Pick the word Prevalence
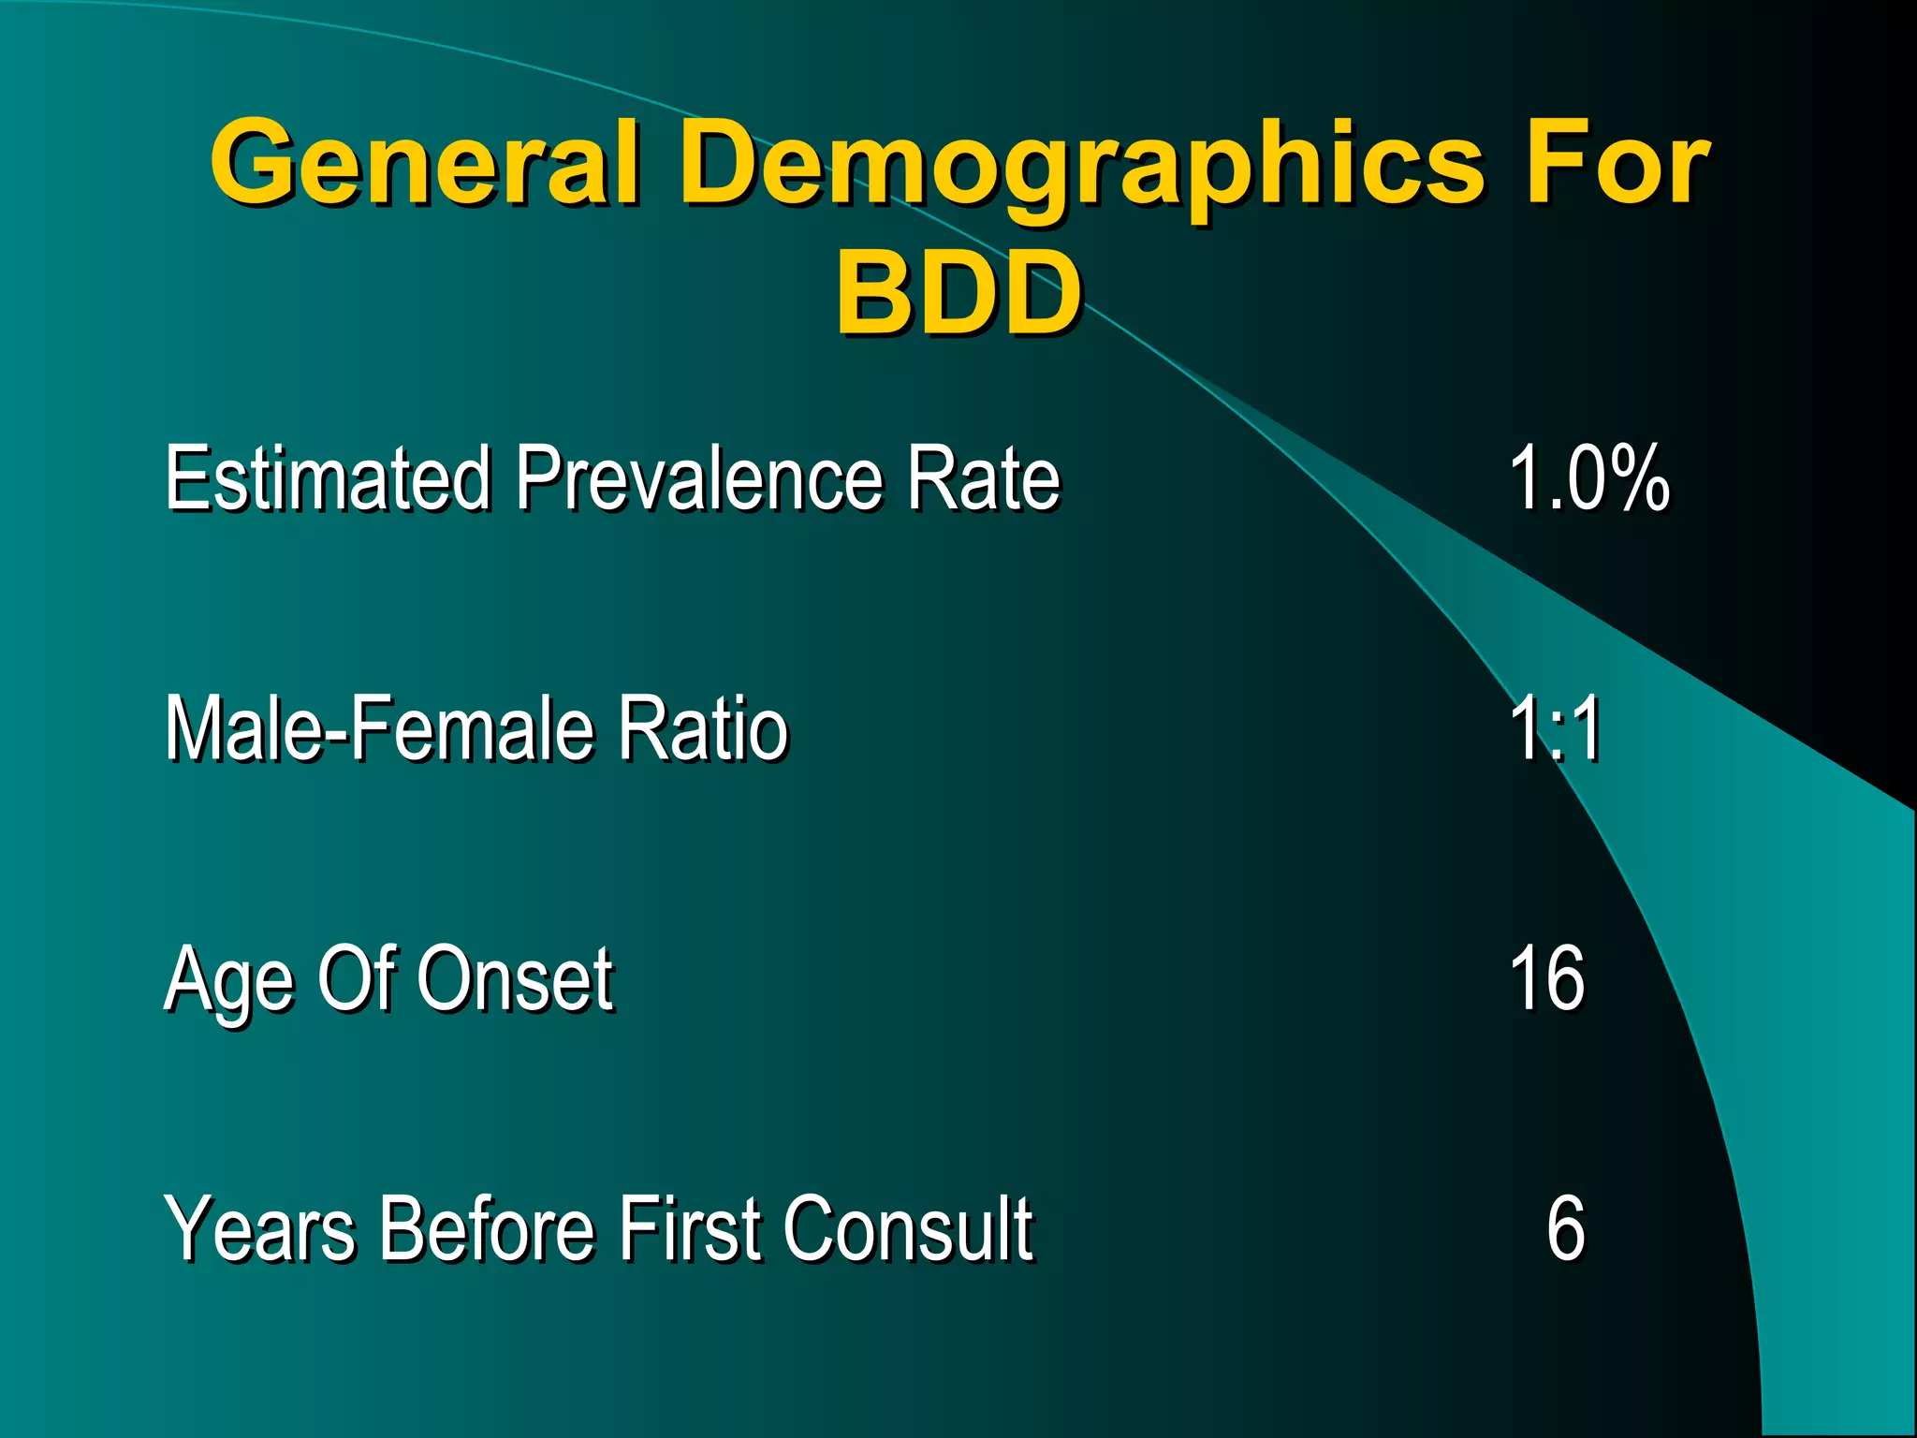click(697, 478)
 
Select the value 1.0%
click(1589, 478)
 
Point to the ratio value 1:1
click(1556, 728)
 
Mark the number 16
click(1547, 978)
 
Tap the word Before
click(487, 1228)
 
